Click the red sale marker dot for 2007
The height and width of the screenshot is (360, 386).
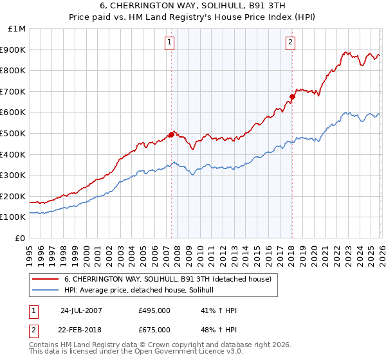[172, 134]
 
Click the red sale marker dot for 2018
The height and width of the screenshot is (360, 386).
[292, 97]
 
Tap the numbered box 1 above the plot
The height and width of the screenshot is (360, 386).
[169, 42]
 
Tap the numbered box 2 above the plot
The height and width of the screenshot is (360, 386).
[290, 42]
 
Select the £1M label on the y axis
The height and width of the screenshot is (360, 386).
[17, 29]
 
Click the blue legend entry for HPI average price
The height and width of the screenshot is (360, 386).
[143, 291]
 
